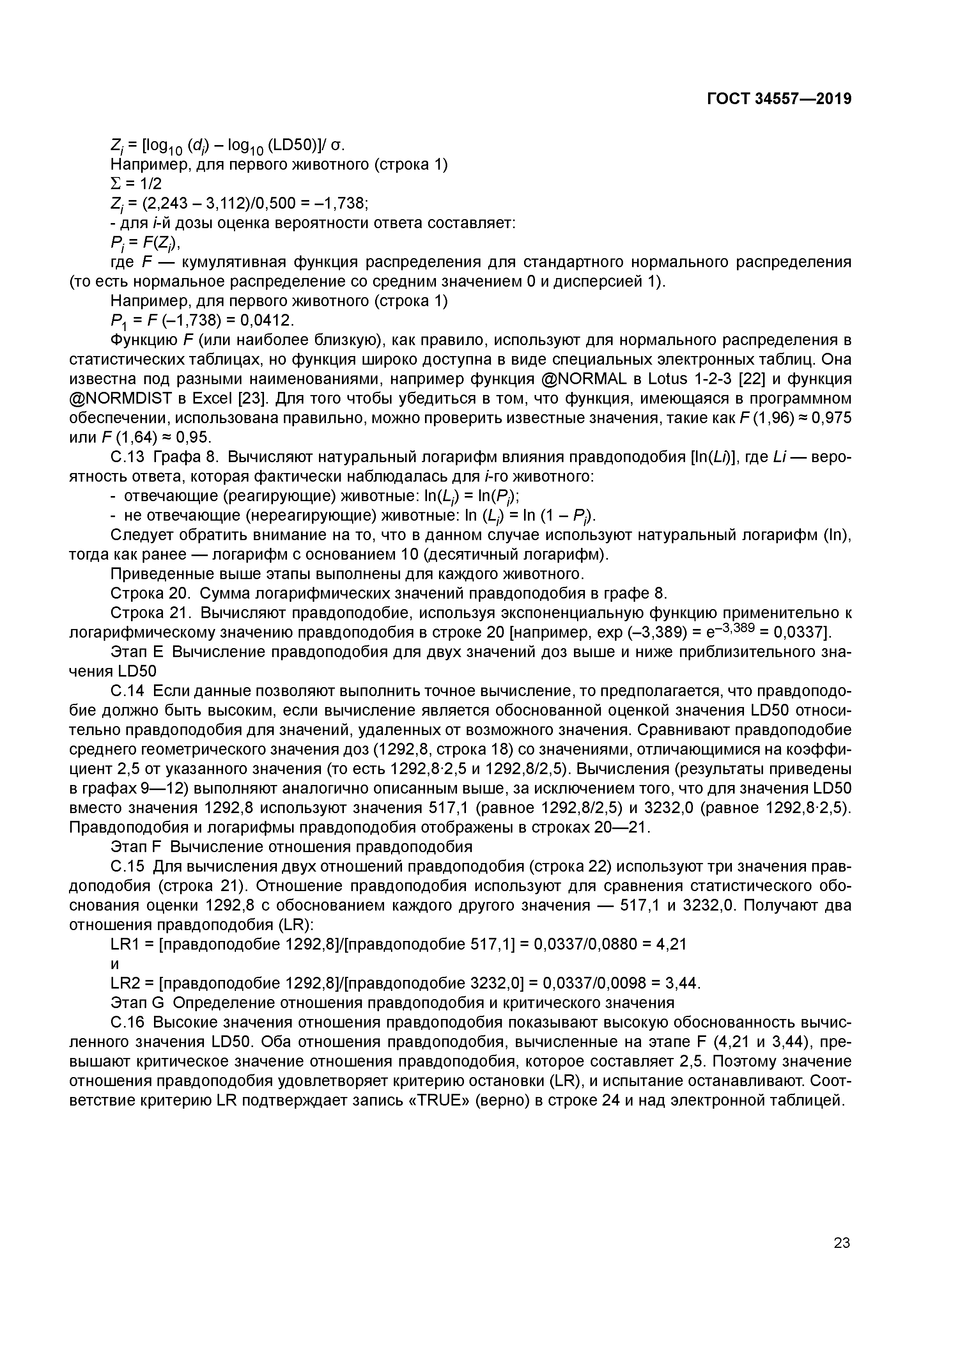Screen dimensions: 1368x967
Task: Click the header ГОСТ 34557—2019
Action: (x=779, y=99)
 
